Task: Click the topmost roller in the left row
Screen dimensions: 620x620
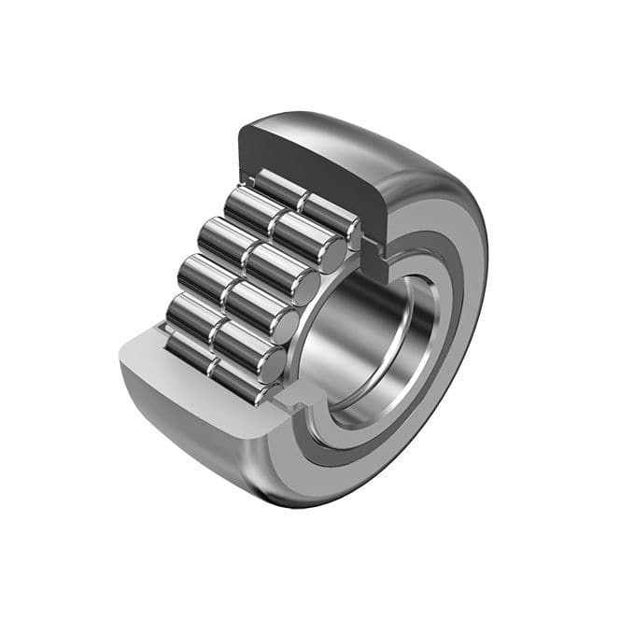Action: coord(280,188)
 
